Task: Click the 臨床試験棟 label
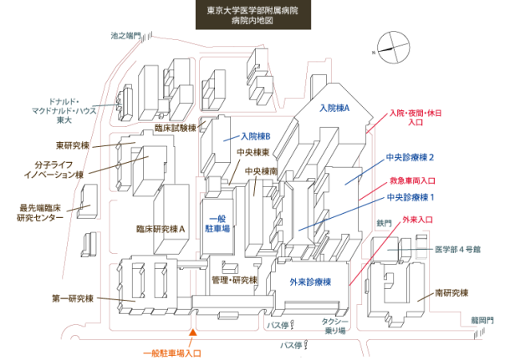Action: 175,128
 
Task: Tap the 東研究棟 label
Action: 73,145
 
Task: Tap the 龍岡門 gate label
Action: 483,319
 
